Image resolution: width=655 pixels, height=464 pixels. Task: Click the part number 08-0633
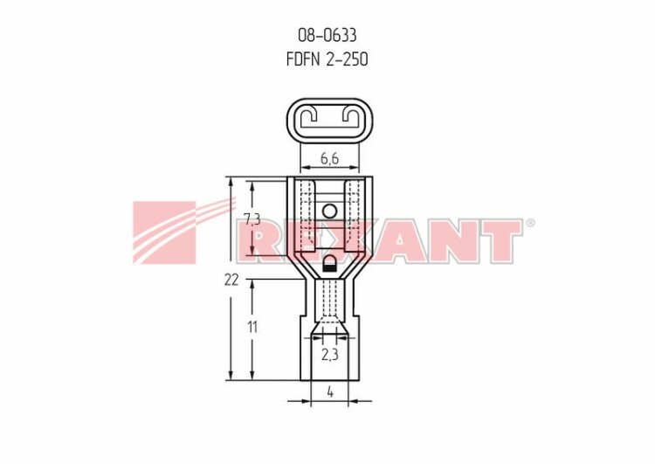327,35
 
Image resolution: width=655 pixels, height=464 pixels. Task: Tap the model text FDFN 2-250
327,59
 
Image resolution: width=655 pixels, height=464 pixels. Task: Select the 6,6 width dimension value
329,158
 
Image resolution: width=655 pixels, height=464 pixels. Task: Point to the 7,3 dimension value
252,219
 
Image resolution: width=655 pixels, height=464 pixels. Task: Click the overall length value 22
231,280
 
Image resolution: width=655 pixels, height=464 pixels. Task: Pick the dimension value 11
252,327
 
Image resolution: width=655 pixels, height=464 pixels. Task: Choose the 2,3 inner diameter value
329,355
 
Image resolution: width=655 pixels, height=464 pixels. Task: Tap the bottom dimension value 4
330,392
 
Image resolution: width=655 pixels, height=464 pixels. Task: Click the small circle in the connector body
329,211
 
